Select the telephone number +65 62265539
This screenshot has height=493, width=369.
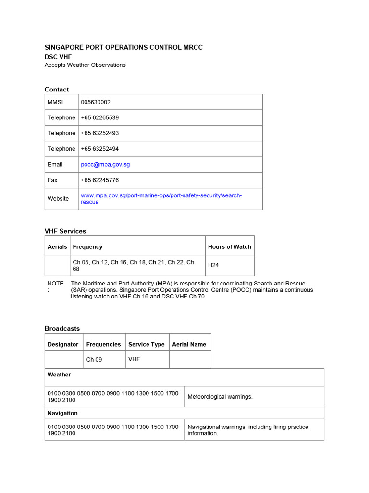[x=100, y=117]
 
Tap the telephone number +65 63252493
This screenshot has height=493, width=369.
[x=100, y=133]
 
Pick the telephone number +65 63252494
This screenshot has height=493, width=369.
[x=100, y=149]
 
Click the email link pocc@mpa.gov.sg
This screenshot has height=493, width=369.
[x=105, y=164]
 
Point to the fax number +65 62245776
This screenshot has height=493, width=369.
[x=100, y=180]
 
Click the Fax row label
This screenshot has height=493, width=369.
[x=52, y=180]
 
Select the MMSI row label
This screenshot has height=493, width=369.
[x=55, y=102]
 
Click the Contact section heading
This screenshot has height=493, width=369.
[x=57, y=90]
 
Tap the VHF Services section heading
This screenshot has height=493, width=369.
[x=65, y=231]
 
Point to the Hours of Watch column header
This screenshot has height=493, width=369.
[x=229, y=246]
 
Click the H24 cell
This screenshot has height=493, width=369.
[x=213, y=265]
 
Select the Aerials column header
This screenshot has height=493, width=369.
[x=57, y=246]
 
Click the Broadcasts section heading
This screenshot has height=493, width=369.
[x=62, y=329]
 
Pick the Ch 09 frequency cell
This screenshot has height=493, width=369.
[x=94, y=360]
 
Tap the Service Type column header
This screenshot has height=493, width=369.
[x=146, y=344]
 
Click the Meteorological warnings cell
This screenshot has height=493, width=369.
[x=220, y=397]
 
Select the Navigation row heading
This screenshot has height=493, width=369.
[x=62, y=413]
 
